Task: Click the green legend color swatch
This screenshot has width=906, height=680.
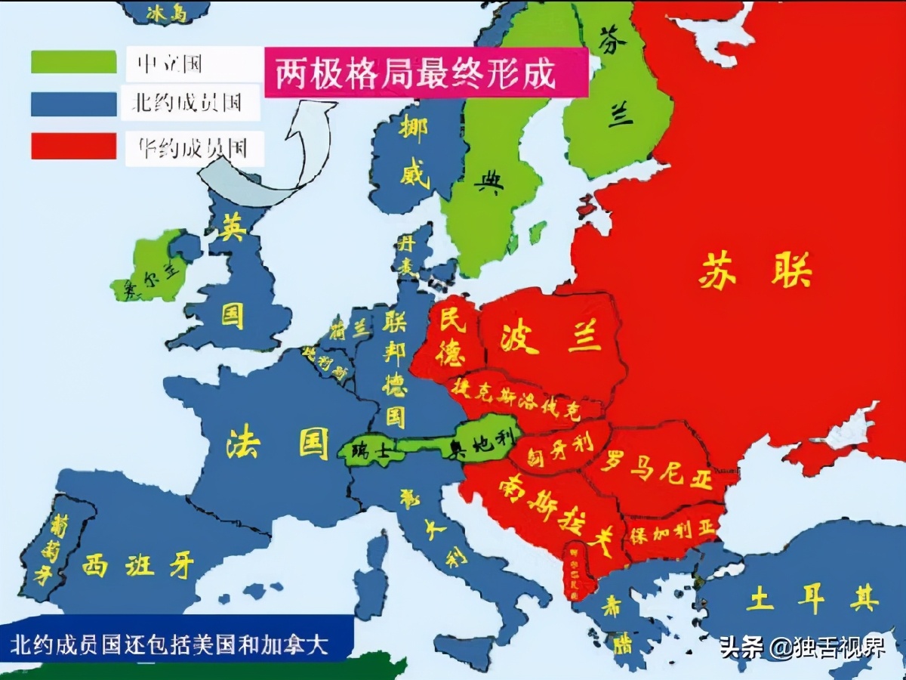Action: [x=73, y=62]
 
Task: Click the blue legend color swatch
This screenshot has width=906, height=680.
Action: [x=73, y=104]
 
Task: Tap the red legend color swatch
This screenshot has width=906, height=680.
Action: [x=73, y=146]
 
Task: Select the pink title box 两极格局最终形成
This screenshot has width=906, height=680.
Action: [x=426, y=73]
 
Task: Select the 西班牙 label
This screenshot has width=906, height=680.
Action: [x=137, y=564]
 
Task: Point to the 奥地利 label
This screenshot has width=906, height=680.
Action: [x=481, y=444]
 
